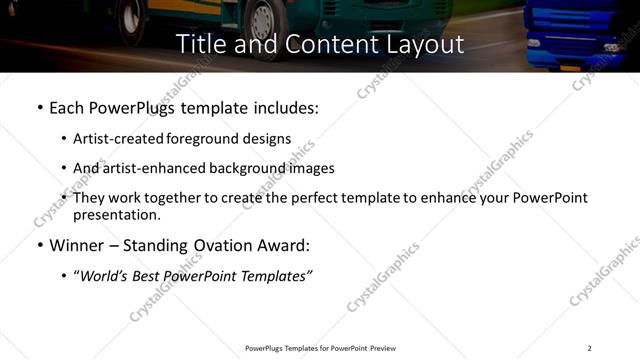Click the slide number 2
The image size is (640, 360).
tap(589, 348)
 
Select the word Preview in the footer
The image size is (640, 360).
tap(382, 348)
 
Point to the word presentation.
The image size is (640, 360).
tap(116, 214)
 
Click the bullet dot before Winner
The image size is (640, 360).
tap(39, 245)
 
